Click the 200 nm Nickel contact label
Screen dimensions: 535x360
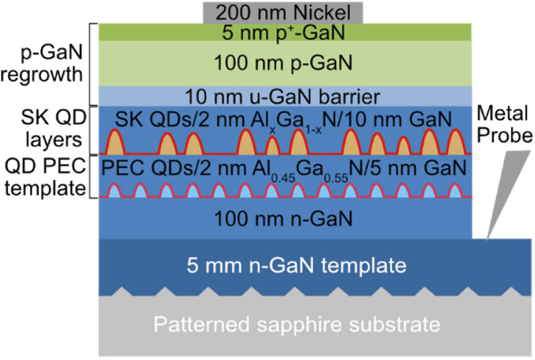coord(283,13)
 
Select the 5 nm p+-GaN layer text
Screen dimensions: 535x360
coord(283,33)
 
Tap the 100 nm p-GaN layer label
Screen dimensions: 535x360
coord(283,63)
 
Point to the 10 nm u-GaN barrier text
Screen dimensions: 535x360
coord(282,96)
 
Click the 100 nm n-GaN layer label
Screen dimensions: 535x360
coord(283,219)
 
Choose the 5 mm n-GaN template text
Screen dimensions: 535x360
coord(297,265)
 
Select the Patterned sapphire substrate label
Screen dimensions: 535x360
coord(297,324)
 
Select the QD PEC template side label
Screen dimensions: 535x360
coord(45,177)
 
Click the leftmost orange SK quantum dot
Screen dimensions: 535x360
coord(115,142)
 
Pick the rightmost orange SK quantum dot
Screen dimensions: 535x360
coord(456,142)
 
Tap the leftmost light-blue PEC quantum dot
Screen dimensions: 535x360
coord(114,191)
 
